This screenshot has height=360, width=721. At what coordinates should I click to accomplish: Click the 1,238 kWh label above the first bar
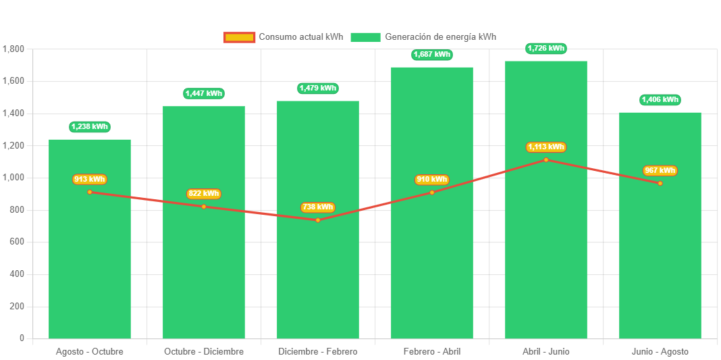tap(90, 127)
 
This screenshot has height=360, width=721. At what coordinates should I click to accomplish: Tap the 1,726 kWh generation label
tap(546, 49)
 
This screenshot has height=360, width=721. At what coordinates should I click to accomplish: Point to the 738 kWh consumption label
tap(318, 207)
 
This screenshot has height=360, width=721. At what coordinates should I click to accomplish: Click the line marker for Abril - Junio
tap(546, 160)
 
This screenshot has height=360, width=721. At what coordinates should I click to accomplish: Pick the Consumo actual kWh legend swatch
tap(239, 37)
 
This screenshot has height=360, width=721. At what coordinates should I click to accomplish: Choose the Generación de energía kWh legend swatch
tap(365, 37)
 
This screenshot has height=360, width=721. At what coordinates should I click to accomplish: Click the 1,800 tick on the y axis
tap(14, 49)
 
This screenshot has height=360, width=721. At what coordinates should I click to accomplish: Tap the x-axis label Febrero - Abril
tap(432, 352)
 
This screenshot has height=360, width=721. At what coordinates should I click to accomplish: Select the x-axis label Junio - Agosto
tap(660, 352)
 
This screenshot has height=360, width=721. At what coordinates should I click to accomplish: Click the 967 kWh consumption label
tap(660, 171)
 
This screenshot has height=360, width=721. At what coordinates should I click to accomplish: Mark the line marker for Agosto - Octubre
tap(90, 192)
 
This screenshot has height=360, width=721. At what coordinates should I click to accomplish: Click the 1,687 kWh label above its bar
tap(432, 55)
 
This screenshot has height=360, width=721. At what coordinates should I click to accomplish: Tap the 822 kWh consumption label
tap(204, 194)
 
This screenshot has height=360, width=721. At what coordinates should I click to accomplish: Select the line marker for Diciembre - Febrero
tap(318, 220)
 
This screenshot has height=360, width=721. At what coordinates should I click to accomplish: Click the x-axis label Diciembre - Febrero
tap(318, 352)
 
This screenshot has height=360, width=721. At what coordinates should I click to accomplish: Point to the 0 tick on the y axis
tap(22, 338)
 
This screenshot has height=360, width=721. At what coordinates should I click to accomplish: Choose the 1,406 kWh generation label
tap(660, 100)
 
